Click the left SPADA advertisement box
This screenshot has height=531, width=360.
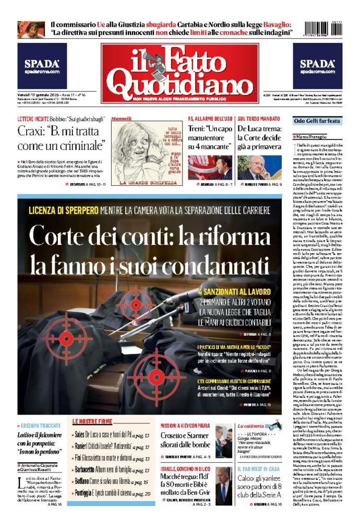pyautogui.click(x=42, y=66)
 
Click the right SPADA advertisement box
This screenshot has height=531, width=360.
pyautogui.click(x=317, y=66)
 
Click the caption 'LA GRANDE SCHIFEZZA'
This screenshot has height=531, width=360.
pyautogui.click(x=148, y=183)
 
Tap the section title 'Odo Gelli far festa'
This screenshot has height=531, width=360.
pyautogui.click(x=317, y=121)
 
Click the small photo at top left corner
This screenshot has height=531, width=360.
pyautogui.click(x=31, y=29)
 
